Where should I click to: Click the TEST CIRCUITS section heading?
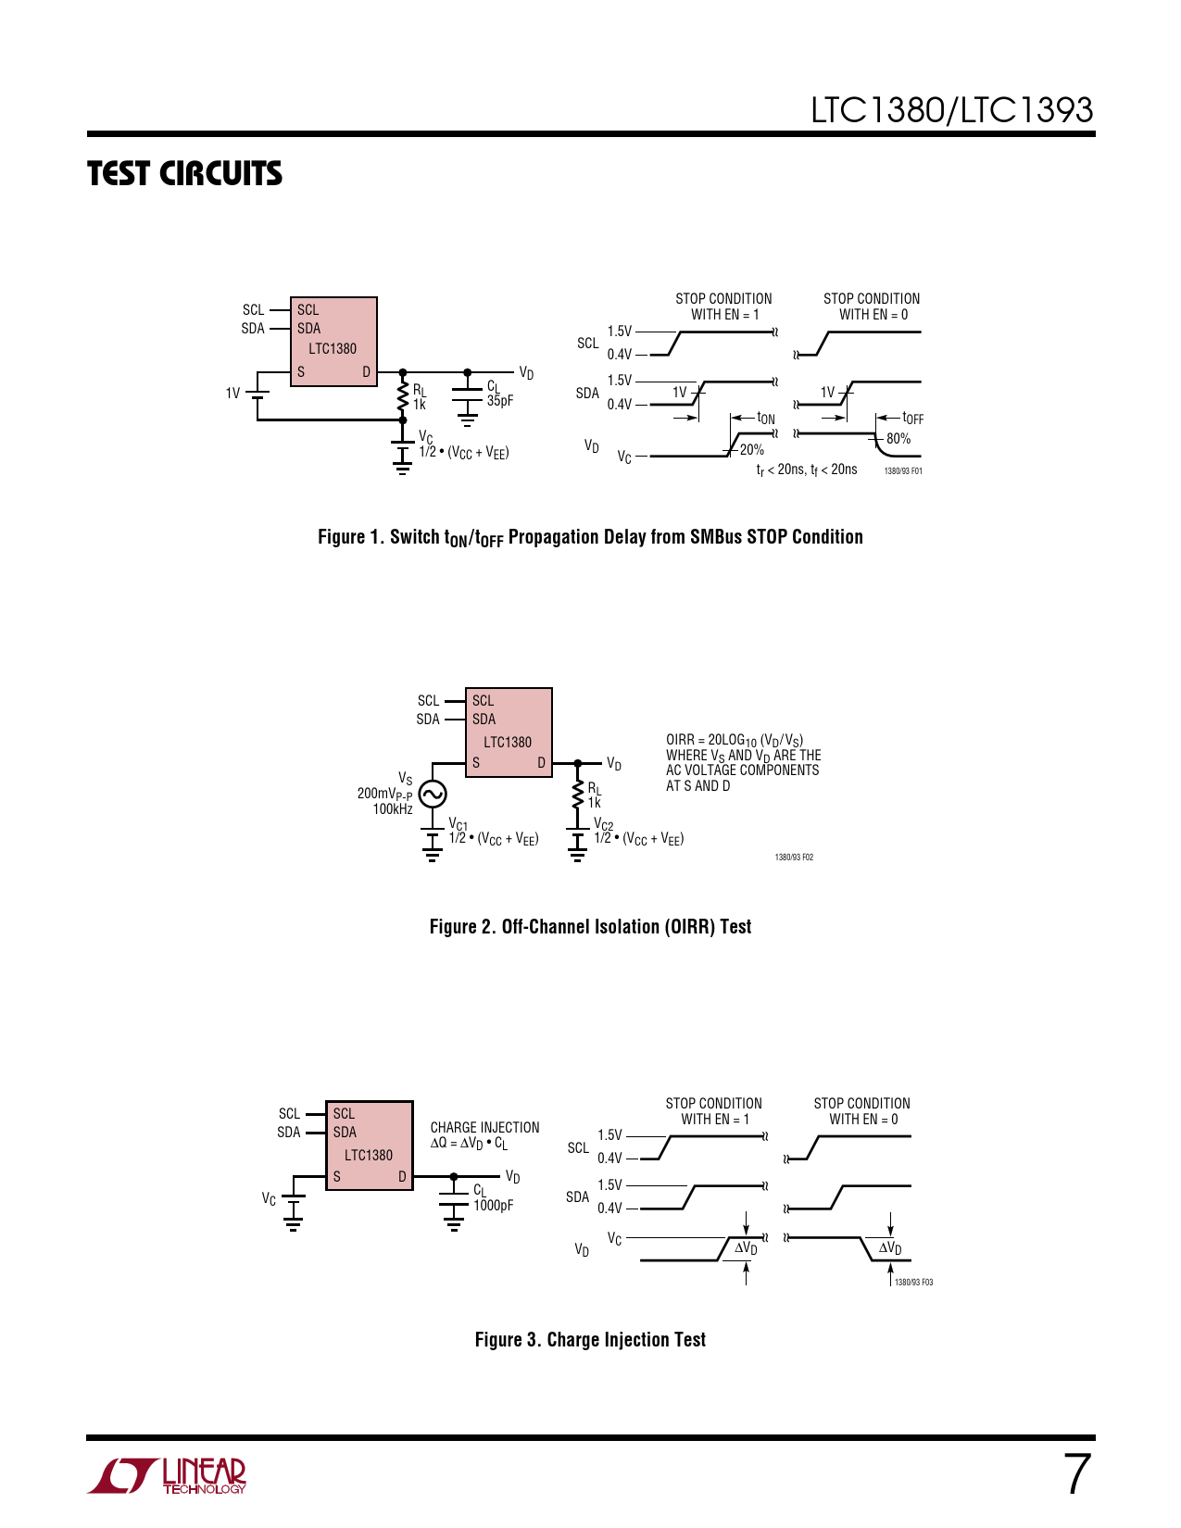[184, 174]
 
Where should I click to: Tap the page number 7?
[1076, 1473]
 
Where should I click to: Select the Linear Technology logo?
[168, 1475]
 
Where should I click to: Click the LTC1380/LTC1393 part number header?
[951, 110]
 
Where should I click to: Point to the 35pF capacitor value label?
[500, 401]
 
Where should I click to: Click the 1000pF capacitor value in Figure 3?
[493, 1206]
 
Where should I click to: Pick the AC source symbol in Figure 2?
[432, 794]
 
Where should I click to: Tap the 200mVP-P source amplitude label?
[384, 794]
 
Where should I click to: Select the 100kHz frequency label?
[393, 809]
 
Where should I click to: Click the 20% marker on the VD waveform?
[751, 450]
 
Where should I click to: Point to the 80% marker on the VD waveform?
[898, 439]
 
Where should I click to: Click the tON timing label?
[766, 419]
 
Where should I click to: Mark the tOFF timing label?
[912, 419]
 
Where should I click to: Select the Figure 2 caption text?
[590, 927]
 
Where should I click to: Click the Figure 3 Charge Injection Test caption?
[590, 1340]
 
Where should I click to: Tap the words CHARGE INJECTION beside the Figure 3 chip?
[484, 1128]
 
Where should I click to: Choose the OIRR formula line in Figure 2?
[735, 740]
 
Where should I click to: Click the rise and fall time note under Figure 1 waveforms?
[806, 470]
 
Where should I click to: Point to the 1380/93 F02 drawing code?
[794, 858]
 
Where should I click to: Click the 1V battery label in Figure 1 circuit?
[232, 394]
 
